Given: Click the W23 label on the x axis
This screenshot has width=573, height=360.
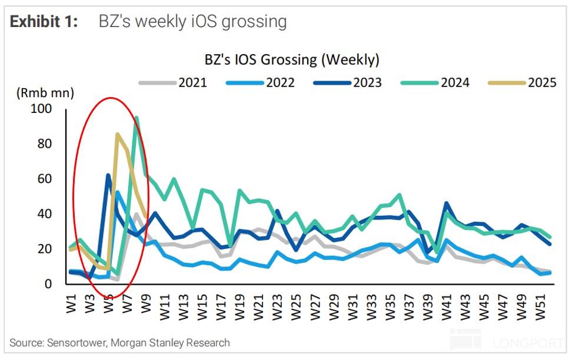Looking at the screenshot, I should pyautogui.click(x=278, y=302).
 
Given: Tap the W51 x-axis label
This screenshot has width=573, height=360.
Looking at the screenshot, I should pyautogui.click(x=540, y=302).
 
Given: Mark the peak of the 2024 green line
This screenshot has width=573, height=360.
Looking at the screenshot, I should pyautogui.click(x=136, y=116).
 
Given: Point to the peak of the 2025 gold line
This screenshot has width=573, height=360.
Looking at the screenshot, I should pyautogui.click(x=118, y=134).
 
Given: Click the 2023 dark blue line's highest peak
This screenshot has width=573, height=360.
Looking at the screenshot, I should pyautogui.click(x=108, y=174).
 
